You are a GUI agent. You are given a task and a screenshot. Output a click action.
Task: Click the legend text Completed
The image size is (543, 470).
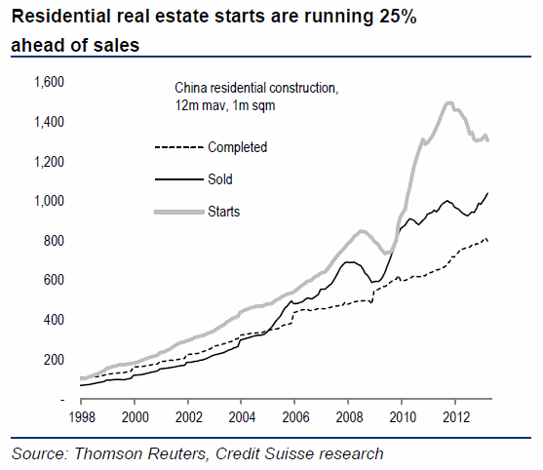tap(237, 147)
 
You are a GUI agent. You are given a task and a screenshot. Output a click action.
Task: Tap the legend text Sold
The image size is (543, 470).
tap(220, 179)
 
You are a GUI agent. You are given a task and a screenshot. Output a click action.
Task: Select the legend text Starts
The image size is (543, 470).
tap(223, 211)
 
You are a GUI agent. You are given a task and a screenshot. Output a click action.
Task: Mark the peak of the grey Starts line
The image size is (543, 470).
tap(448, 103)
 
